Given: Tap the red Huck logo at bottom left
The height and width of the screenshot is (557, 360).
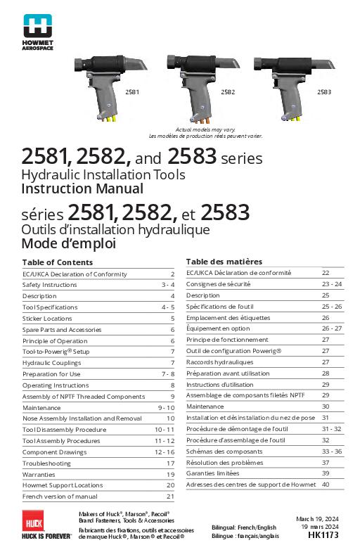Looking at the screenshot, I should [34, 523].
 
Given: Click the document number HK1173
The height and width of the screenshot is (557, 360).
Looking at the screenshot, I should [323, 535].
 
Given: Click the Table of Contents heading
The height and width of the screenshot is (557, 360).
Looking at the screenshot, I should [53, 262].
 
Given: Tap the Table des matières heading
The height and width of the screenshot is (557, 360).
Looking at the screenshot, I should [219, 261].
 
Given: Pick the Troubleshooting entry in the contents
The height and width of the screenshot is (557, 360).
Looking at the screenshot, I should [46, 463].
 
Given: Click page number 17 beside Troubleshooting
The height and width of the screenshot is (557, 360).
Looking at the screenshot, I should [170, 463].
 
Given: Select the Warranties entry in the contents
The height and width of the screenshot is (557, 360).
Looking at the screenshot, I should [40, 475].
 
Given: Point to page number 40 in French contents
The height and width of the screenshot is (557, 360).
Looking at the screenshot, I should [326, 485].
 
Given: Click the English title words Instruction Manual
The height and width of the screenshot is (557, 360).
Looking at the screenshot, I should [82, 188].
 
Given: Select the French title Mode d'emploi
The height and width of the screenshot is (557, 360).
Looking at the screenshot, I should [68, 244].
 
